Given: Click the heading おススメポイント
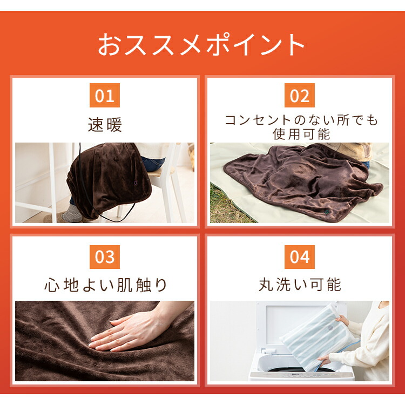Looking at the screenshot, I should pyautogui.click(x=202, y=45).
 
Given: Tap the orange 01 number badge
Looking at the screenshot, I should pyautogui.click(x=105, y=96).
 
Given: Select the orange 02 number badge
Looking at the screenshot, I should pyautogui.click(x=299, y=96).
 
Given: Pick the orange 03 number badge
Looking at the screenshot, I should pyautogui.click(x=105, y=256).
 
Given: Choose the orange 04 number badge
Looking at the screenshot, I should pyautogui.click(x=299, y=256).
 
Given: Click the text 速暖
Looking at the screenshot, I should pyautogui.click(x=105, y=125).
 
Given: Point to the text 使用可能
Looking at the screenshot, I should pyautogui.click(x=301, y=133).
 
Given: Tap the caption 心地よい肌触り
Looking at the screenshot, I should pyautogui.click(x=106, y=285).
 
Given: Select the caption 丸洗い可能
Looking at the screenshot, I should pyautogui.click(x=300, y=285).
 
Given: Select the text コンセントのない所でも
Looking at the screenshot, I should pyautogui.click(x=301, y=119).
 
